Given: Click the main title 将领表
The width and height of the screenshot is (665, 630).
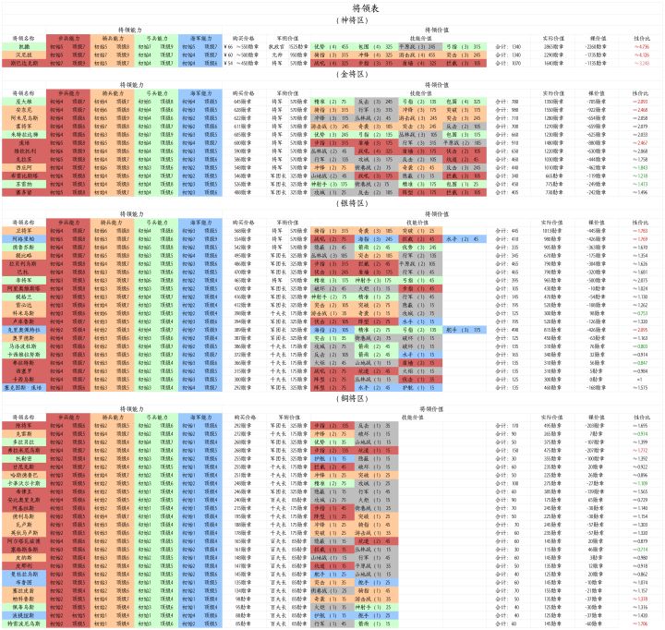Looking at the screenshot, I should point(332,6).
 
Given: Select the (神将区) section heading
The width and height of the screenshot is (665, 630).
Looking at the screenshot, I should point(332,18).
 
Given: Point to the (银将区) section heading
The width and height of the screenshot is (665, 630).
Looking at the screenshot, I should point(332,202).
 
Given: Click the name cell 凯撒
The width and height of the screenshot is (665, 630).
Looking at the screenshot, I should point(24,44).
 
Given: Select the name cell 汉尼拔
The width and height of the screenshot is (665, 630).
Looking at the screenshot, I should point(24,54).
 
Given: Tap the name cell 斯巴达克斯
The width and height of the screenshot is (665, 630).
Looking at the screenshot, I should point(24,63).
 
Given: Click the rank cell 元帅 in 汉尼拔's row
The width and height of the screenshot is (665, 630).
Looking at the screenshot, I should point(276,54).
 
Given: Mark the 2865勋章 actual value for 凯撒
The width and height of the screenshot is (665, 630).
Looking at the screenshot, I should point(553,44).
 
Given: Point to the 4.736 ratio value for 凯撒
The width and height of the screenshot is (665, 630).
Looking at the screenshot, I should point(641,44).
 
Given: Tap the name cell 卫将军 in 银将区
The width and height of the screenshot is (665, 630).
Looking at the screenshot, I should point(24,231).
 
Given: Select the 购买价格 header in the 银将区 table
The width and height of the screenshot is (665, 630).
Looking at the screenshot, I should point(244,223).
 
